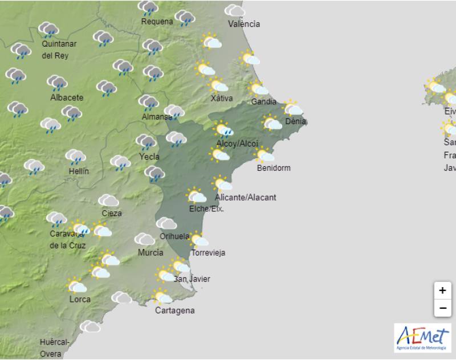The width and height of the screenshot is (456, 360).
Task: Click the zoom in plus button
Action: (x=442, y=291)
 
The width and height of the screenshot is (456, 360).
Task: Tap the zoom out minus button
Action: (x=442, y=309)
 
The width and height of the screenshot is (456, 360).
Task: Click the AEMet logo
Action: (x=422, y=337)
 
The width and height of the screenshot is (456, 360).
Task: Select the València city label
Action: (x=243, y=24)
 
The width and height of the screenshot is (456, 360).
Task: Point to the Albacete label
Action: (x=67, y=97)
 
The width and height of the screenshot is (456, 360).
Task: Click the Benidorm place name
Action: (x=274, y=168)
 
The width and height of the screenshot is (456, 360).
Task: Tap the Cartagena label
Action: (x=175, y=310)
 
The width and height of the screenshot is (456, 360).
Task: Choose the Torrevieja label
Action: (x=209, y=253)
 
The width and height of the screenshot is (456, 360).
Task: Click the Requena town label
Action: (x=157, y=22)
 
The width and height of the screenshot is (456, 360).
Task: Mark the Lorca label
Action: (x=80, y=299)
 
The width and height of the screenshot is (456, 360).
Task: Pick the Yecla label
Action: (x=149, y=156)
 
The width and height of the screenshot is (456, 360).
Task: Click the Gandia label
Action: (x=263, y=102)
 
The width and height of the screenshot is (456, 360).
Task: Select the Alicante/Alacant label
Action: (x=246, y=198)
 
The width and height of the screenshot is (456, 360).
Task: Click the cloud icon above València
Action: (x=234, y=10)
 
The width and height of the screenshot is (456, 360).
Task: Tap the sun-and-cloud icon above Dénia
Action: (x=292, y=107)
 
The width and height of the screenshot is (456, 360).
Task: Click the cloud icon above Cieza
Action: (x=108, y=201)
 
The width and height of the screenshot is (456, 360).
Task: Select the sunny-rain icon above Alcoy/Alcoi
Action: (x=223, y=130)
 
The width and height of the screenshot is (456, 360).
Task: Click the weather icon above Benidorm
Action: (x=264, y=154)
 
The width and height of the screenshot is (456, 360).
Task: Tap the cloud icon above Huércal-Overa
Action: (x=89, y=326)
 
